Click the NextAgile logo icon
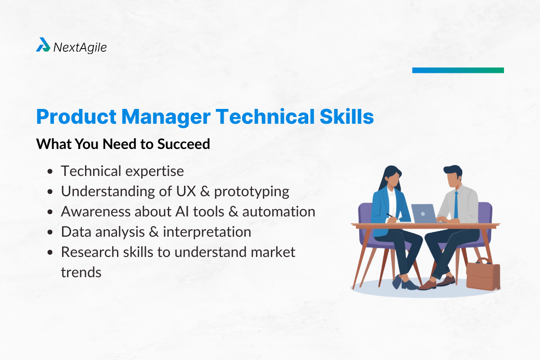point(43,45)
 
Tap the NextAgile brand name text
point(80,47)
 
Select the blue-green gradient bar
point(458,70)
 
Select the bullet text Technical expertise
point(122,171)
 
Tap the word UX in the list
point(180,191)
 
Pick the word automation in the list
point(279,211)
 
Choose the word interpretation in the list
point(207,232)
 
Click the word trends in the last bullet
point(81,272)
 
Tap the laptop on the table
point(424,214)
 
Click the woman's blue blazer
point(381,209)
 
